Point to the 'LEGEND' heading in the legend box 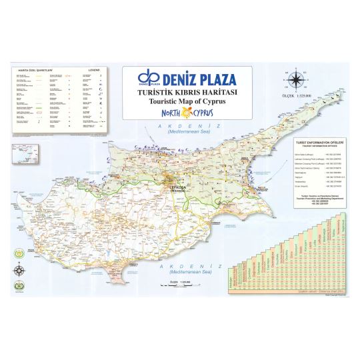pos(94,69)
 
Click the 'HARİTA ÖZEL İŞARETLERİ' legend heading pos(33,69)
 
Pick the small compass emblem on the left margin pos(19,270)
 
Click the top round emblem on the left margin pos(19,254)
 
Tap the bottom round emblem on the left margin pos(19,287)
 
